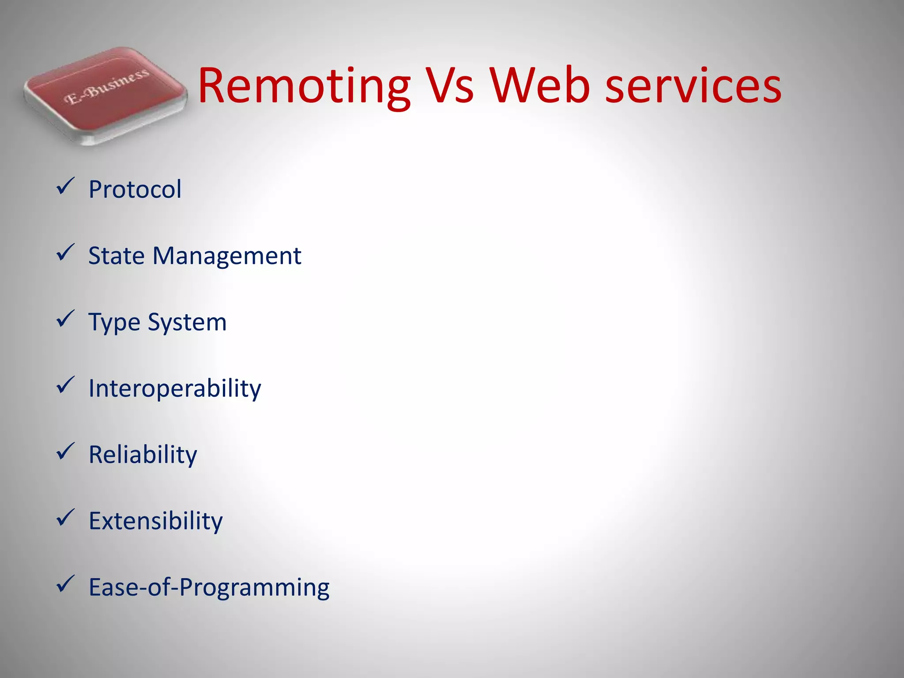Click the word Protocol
pos(135,190)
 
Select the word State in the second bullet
pos(117,256)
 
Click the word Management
pos(227,256)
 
